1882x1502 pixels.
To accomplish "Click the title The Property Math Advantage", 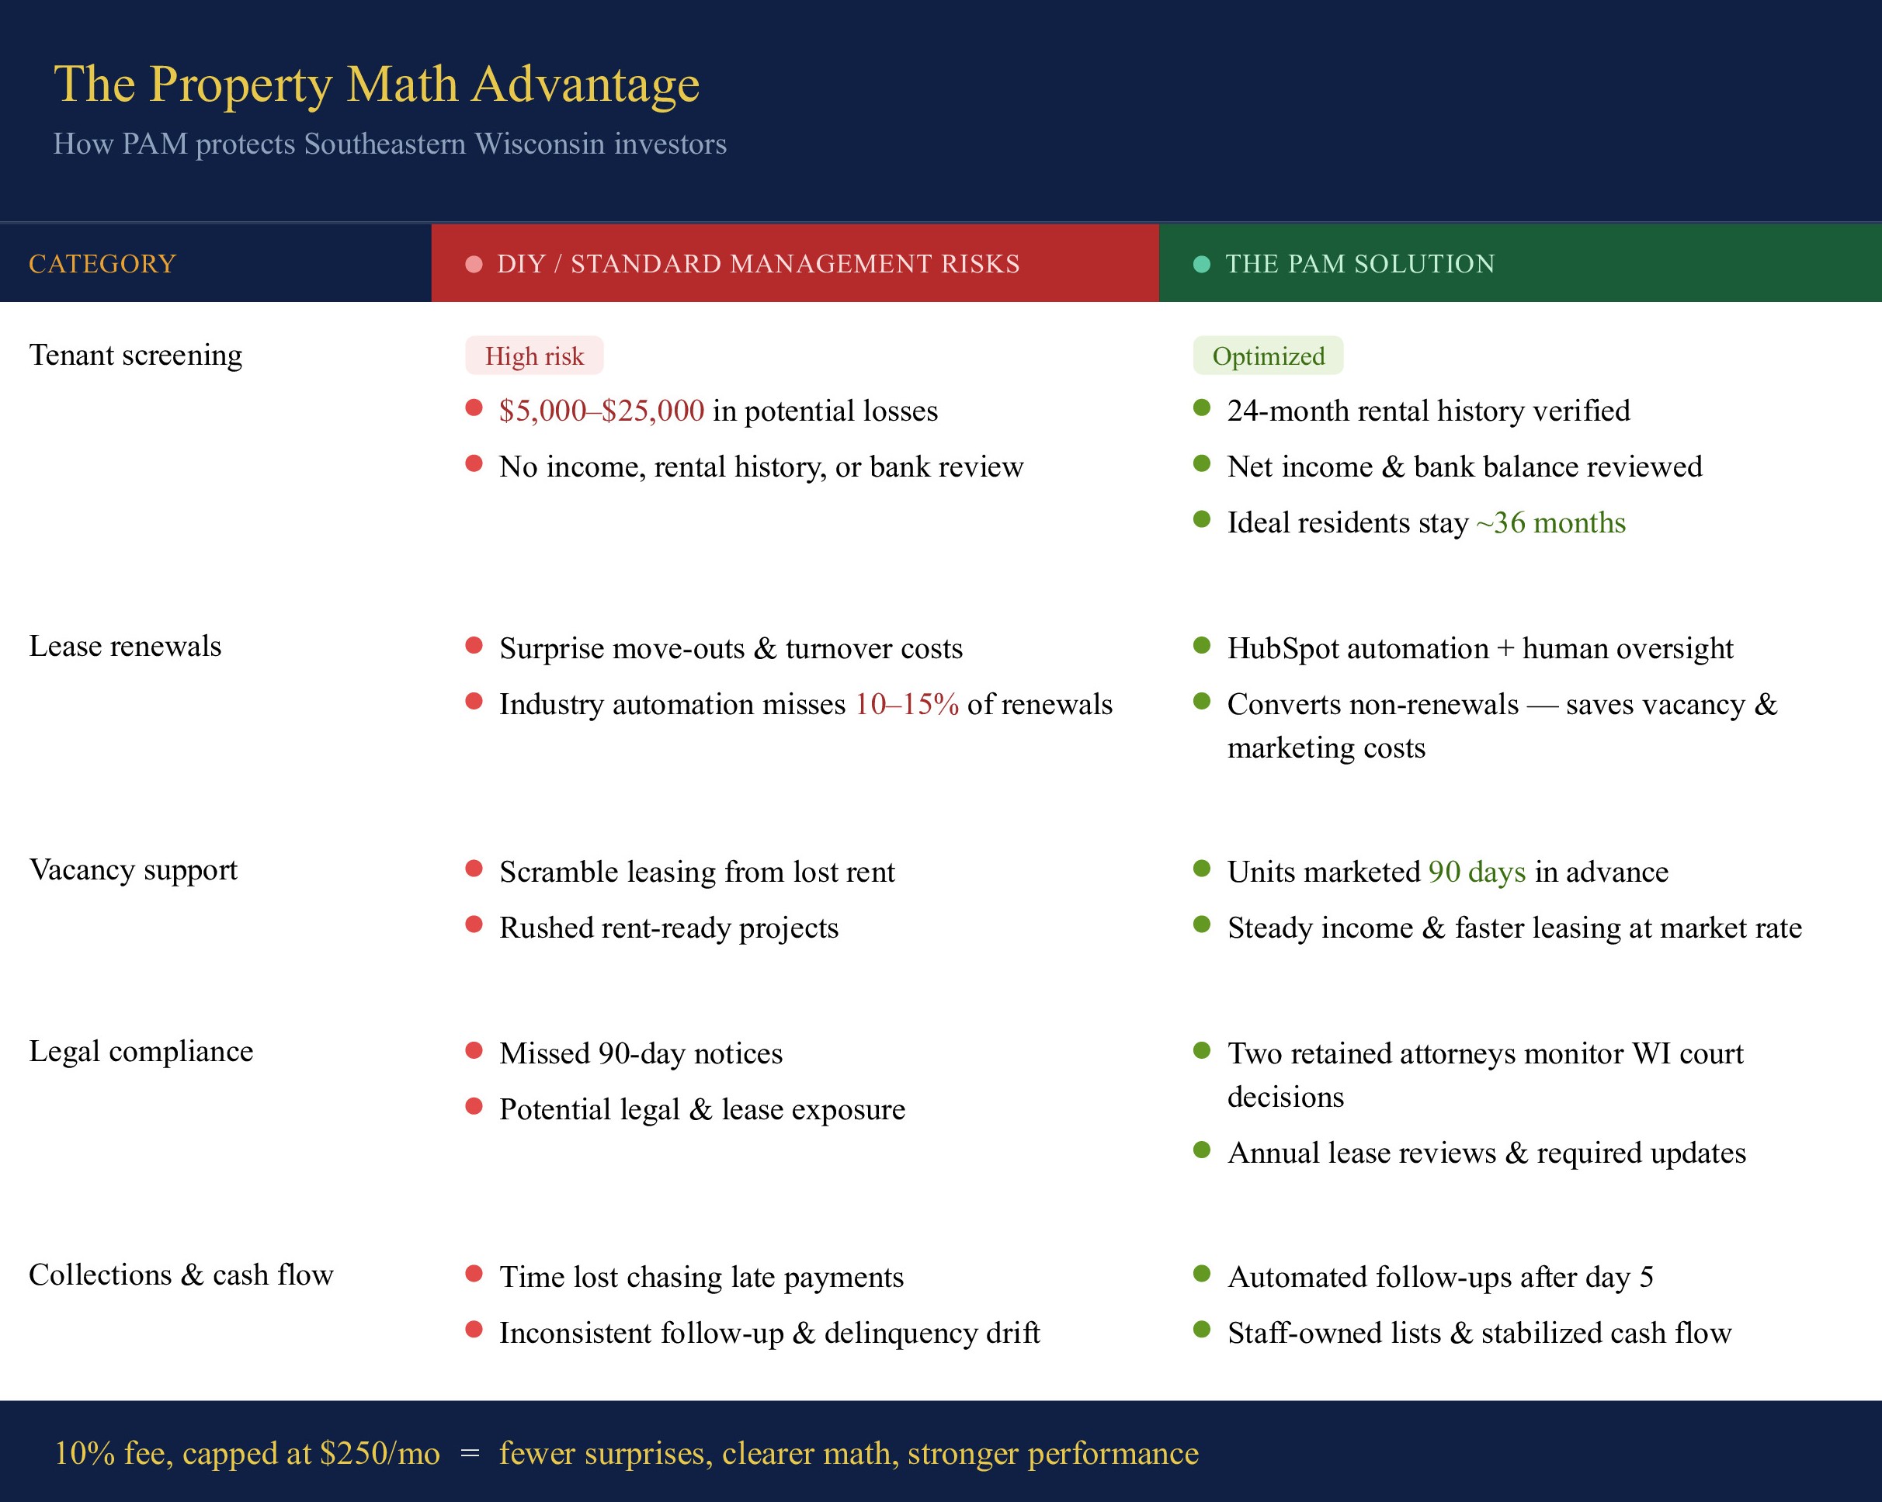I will pos(377,85).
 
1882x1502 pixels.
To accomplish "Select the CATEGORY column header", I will pos(102,264).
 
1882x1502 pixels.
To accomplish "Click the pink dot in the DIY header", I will pos(474,265).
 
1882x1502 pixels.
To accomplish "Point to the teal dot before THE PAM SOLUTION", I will pos(1201,265).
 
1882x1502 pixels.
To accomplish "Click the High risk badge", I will pos(534,356).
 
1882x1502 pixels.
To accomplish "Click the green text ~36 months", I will pos(1550,522).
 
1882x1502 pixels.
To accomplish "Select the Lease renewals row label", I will pos(125,647).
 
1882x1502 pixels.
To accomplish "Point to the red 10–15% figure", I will pos(906,704).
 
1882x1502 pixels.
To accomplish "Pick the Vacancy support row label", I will pos(133,870).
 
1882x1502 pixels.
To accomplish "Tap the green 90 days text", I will pos(1477,872).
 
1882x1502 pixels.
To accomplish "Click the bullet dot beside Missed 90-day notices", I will pos(474,1051).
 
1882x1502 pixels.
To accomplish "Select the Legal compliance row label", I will pos(141,1052).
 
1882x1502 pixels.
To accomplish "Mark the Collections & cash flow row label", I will pos(181,1275).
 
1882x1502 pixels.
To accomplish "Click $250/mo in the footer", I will pos(380,1454).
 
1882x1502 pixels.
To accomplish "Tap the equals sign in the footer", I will pos(470,1454).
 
